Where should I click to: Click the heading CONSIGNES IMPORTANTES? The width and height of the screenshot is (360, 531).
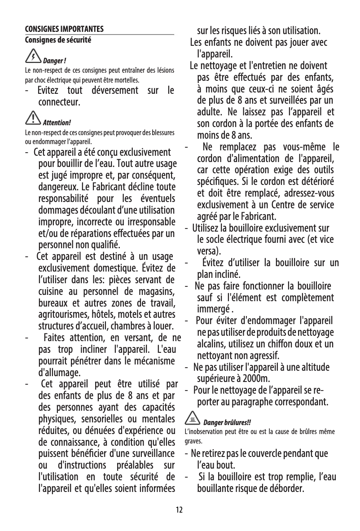click(x=64, y=30)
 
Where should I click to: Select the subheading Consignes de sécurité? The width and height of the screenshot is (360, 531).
click(x=58, y=40)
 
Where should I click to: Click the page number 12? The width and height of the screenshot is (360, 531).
click(x=180, y=509)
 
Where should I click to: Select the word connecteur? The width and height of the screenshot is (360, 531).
click(x=60, y=102)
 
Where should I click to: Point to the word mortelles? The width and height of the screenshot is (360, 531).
click(x=128, y=81)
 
